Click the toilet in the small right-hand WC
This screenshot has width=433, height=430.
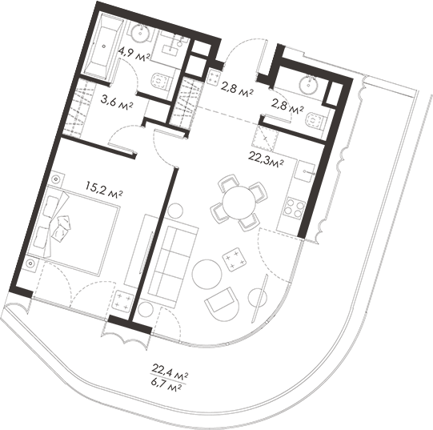pos(314,122)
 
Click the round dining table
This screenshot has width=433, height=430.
pos(238,200)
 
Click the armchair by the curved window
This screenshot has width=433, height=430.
pos(222,303)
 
